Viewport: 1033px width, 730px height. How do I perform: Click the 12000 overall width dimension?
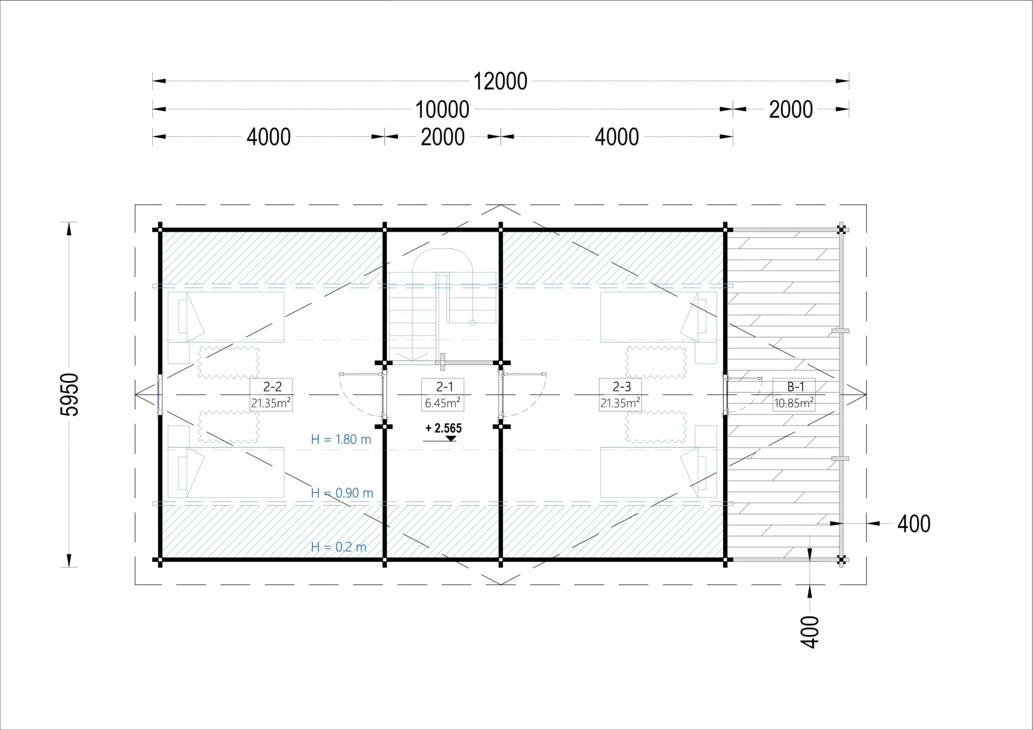500,81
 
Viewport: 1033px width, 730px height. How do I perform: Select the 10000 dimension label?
442,110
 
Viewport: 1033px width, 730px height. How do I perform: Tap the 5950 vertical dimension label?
70,394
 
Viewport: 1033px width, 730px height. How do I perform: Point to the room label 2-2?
272,386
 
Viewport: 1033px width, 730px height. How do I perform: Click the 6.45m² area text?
442,403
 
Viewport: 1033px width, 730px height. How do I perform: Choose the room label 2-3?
621,386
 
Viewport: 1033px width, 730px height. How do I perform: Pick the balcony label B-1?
795,386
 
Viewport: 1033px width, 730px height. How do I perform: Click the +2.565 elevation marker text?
443,428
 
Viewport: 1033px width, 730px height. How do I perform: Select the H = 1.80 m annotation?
341,440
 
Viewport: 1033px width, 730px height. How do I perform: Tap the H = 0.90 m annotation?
342,493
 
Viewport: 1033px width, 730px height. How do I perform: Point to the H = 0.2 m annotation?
338,547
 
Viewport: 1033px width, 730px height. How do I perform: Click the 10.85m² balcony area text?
794,403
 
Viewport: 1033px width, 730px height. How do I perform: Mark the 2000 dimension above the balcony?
790,110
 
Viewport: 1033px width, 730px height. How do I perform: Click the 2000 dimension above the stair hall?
443,137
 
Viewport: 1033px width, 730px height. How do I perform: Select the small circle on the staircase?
473,323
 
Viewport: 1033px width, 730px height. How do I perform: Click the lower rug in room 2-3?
656,427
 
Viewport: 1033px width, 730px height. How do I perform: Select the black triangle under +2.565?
450,438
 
